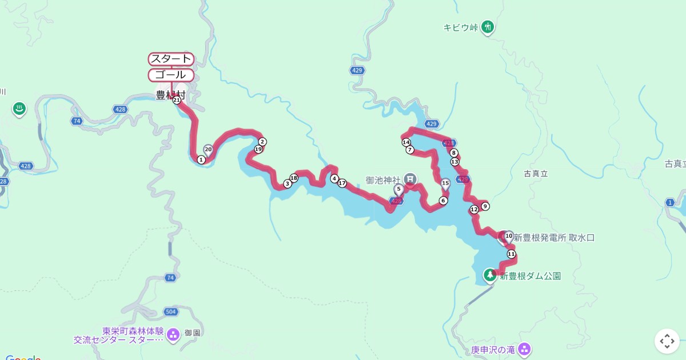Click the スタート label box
coord(171,59)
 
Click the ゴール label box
coord(171,75)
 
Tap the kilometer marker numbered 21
coord(177,100)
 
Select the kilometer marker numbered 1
coord(201,160)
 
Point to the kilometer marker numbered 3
coord(287,184)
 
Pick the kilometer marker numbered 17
coord(342,183)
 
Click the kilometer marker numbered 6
coord(443,201)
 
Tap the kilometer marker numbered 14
coord(406,142)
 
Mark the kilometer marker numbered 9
coord(485,206)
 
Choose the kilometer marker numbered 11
coord(511,254)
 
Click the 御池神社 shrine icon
coord(410,179)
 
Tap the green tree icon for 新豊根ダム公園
coord(490,275)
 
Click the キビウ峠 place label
coord(460,27)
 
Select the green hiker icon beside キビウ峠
coord(487,26)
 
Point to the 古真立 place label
coord(536,173)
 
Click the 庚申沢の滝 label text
coord(493,349)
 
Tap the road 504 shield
coord(170,311)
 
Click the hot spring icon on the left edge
coord(19,109)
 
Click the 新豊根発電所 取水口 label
coord(554,238)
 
